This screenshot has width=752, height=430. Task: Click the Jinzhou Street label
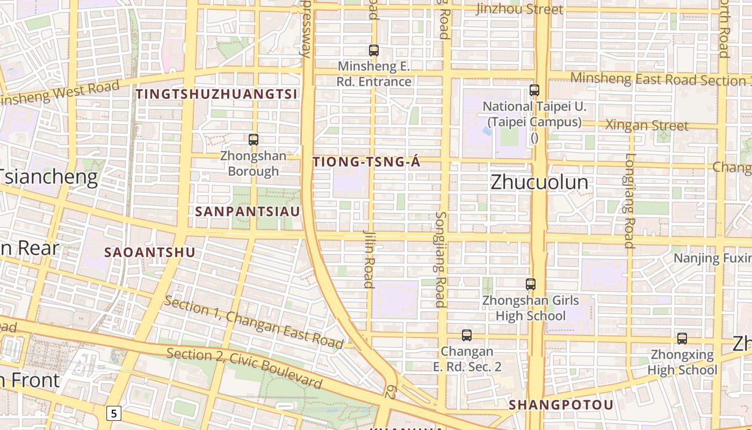click(519, 9)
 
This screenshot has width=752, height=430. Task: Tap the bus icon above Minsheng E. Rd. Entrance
click(374, 51)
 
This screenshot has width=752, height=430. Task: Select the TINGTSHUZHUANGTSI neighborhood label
click(216, 94)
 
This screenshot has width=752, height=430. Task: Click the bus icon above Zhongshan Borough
click(254, 140)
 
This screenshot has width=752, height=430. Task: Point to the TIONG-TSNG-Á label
click(366, 162)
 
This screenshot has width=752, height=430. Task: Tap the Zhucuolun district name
click(539, 183)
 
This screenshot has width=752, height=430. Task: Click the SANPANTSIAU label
click(248, 211)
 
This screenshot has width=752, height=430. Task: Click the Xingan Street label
click(647, 125)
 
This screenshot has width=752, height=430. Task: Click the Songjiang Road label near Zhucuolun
click(440, 259)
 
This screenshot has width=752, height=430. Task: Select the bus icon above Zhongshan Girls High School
click(531, 284)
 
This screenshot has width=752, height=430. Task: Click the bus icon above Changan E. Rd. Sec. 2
click(467, 335)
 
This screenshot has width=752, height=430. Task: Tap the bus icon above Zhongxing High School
click(682, 339)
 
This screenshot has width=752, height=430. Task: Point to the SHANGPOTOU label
click(561, 405)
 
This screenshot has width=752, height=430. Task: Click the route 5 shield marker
click(114, 413)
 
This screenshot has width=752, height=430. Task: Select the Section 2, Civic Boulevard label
click(244, 368)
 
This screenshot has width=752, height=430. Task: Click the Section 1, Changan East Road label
click(254, 321)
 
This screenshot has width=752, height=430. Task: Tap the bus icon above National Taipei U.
click(534, 90)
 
